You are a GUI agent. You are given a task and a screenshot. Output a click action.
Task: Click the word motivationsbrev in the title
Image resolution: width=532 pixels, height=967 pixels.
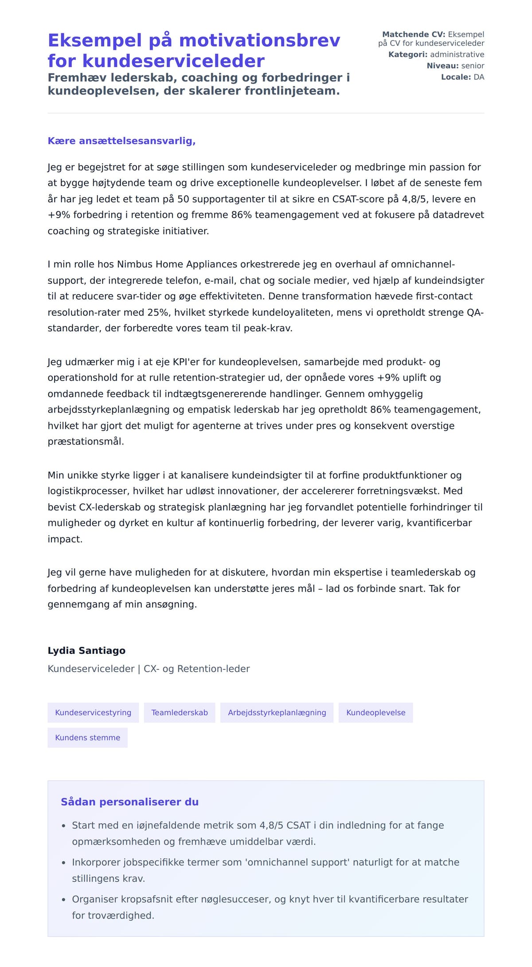pos(259,40)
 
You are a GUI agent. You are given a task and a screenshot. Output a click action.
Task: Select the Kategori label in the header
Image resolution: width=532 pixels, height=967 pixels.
pos(407,55)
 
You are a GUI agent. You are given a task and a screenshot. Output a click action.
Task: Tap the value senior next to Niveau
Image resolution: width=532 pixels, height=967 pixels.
pos(473,66)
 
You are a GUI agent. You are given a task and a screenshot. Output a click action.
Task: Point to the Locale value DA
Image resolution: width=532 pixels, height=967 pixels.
pos(479,77)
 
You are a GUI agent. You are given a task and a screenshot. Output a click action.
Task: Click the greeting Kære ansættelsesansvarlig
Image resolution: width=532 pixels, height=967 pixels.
pos(121,141)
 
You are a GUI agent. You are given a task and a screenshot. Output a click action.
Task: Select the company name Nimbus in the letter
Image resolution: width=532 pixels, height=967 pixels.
pos(133,264)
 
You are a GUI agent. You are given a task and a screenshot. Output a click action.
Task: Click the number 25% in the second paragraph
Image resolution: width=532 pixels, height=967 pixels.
pos(158,312)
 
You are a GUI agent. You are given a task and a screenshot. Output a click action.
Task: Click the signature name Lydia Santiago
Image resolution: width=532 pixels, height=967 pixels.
pos(86,651)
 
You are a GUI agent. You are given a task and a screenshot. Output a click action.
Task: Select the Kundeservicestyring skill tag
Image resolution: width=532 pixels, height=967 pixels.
pos(93,713)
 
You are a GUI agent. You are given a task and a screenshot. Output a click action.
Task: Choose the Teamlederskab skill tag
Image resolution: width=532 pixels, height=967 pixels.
pos(180,713)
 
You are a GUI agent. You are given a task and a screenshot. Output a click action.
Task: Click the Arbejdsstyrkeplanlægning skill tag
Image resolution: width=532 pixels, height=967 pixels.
pos(277,713)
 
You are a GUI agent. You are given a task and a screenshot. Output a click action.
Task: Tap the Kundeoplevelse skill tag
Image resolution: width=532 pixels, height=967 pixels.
pos(376,713)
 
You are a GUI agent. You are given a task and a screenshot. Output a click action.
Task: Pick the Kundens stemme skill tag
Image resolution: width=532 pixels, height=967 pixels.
pos(87,738)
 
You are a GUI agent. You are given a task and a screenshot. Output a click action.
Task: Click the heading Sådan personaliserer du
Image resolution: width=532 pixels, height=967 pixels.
pos(129,802)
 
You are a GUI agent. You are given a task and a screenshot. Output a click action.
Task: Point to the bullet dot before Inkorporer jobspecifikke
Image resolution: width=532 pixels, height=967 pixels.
pos(63,863)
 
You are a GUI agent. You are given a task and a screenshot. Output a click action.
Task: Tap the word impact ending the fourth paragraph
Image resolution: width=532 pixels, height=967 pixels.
pos(64,539)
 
